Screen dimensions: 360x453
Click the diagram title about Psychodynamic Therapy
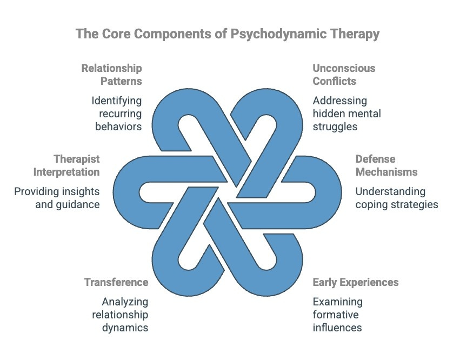227,34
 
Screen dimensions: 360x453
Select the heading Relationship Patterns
111,75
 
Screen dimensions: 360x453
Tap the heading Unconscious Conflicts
344,75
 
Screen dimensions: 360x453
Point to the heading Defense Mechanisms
386,165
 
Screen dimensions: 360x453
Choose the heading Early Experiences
356,282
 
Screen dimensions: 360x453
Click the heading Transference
116,282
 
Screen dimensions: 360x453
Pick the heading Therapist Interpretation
69,165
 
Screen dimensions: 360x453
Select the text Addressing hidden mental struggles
347,114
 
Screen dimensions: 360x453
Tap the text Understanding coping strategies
396,198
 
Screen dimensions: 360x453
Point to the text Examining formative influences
337,315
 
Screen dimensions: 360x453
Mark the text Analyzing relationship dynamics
124,315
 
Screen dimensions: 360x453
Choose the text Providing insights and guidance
57,198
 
